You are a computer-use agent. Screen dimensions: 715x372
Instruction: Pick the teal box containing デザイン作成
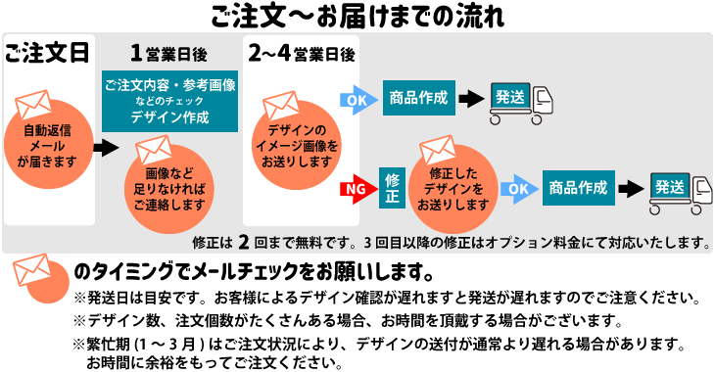pyautogui.click(x=170, y=101)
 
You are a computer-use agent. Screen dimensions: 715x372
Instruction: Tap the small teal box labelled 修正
pyautogui.click(x=392, y=187)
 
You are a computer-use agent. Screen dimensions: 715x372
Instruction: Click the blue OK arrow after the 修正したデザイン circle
pyautogui.click(x=519, y=188)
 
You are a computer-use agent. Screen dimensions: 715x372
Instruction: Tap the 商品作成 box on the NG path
pyautogui.click(x=579, y=187)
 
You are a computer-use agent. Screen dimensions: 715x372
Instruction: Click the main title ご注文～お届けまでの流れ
pyautogui.click(x=357, y=16)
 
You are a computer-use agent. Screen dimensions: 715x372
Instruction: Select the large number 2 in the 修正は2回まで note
pyautogui.click(x=241, y=239)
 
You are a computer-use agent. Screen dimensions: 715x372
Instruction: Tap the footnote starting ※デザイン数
pyautogui.click(x=347, y=320)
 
